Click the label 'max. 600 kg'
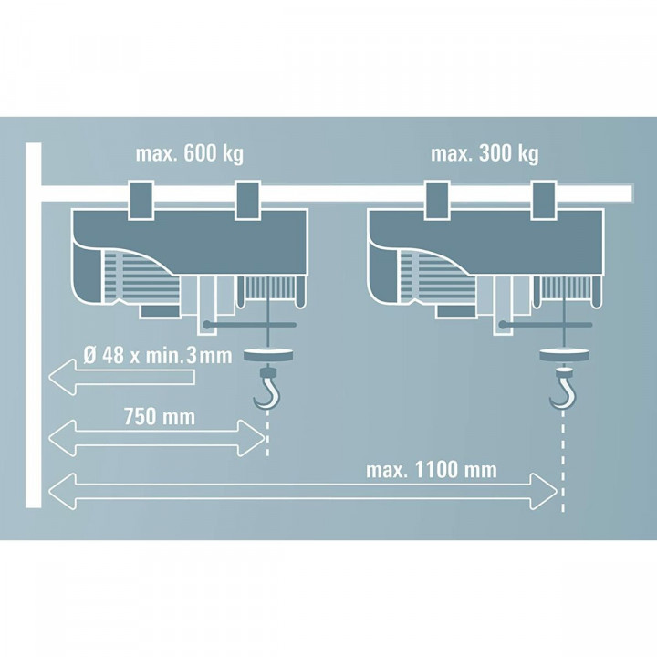coord(189,154)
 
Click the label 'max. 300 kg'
coord(484,154)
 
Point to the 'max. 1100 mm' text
coord(431,470)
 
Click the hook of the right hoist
coord(561,391)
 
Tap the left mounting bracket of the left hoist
coord(141,199)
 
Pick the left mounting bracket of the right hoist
coord(436,199)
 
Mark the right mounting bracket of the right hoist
coord(544,199)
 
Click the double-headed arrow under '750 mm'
coord(155,439)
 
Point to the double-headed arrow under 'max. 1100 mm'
coord(301,492)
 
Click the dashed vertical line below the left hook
coord(267,434)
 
